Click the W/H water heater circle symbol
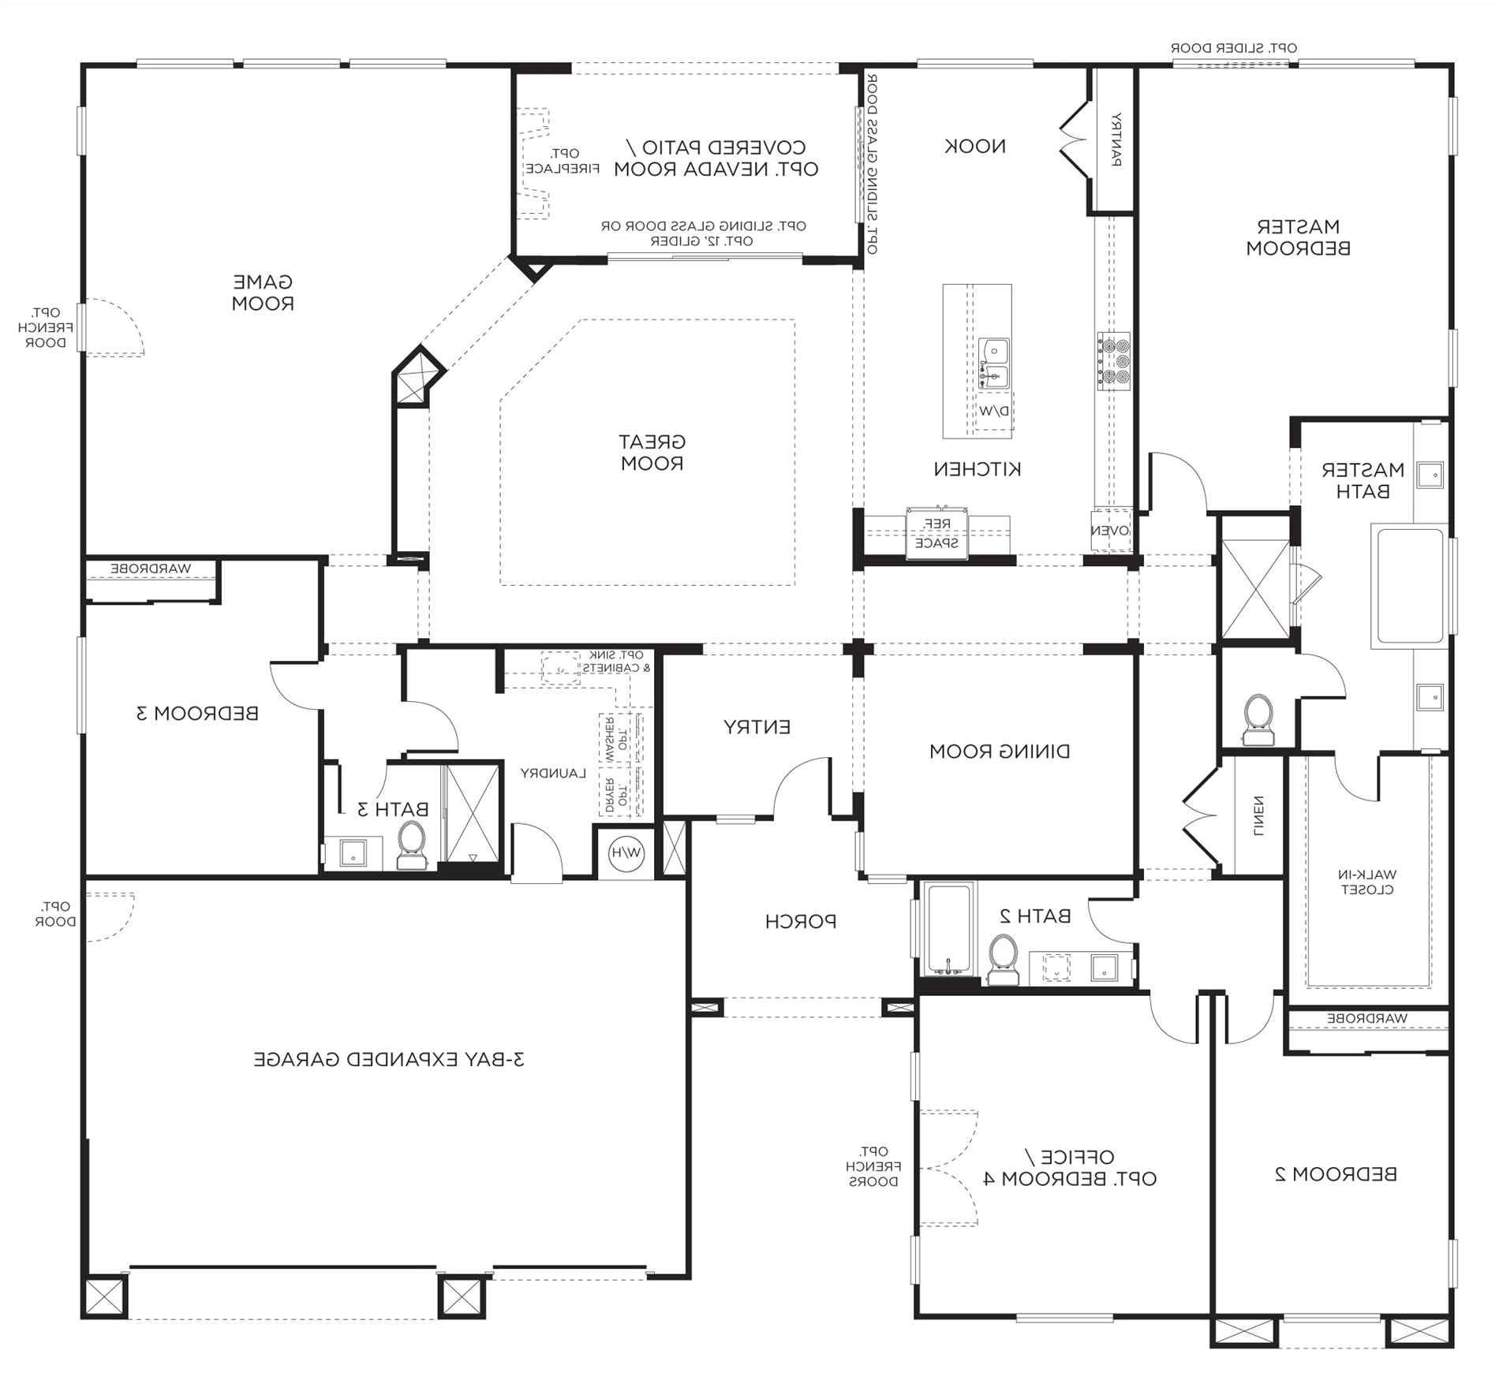626,852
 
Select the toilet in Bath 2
1002,959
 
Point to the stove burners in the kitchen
1112,360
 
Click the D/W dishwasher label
993,411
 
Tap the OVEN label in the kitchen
1111,531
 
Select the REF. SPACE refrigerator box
936,533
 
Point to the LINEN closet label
1258,815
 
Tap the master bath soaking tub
1410,585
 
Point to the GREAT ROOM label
652,452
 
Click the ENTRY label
757,726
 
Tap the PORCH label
800,920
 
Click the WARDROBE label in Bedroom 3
151,568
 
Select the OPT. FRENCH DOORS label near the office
873,1166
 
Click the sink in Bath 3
353,852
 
